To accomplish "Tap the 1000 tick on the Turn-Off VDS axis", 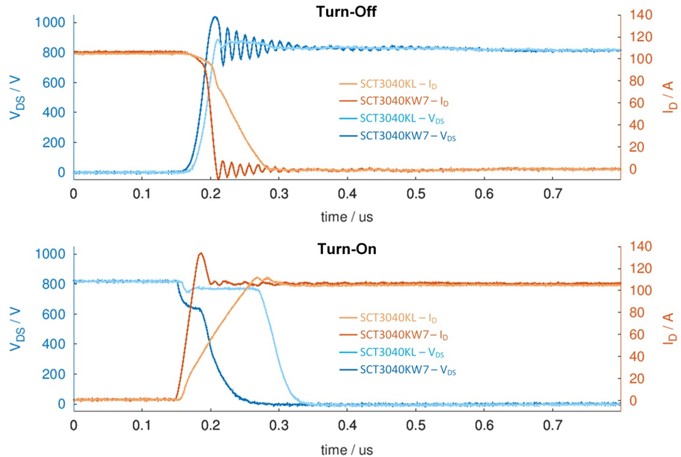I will (52, 22).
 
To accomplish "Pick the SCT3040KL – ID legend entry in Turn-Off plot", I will (389, 83).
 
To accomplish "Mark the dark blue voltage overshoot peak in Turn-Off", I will (215, 17).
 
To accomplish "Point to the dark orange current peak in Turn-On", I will (201, 254).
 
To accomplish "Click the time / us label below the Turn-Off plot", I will (347, 217).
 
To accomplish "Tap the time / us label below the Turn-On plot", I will (347, 450).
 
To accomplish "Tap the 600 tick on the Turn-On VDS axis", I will (55, 314).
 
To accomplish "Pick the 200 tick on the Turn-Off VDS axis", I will (55, 142).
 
